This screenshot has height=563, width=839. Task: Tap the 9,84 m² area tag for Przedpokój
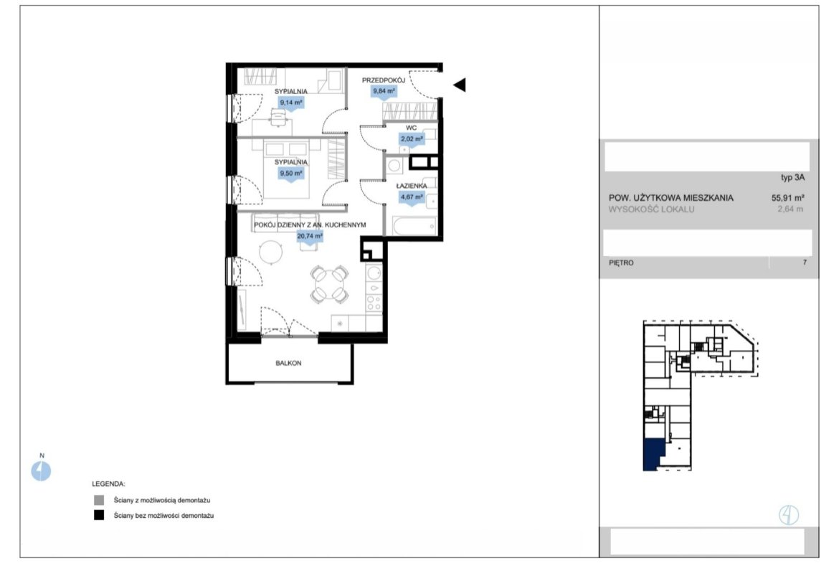coord(384,92)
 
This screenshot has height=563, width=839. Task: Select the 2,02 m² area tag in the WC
coord(412,139)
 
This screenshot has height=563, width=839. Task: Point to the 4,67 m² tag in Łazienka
coord(412,197)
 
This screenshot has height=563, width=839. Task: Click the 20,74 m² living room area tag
coord(310,236)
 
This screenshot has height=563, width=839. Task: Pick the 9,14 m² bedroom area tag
coord(291,103)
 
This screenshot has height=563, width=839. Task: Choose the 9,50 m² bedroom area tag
coord(291,174)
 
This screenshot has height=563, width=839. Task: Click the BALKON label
coord(288,363)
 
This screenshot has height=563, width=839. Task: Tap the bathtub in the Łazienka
coord(414,226)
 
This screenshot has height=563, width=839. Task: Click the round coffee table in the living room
coord(271,252)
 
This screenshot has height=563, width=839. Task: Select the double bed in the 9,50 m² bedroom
coord(286,168)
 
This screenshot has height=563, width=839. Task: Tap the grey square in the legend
coord(99,501)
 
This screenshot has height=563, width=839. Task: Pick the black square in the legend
coord(99,516)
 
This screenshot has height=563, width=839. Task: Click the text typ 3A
coord(792,178)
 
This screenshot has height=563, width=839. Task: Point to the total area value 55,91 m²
coord(787,197)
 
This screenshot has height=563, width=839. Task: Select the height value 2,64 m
coord(790,209)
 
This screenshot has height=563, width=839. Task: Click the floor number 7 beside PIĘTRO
coord(805,262)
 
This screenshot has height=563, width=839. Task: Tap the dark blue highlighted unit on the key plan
coord(653,455)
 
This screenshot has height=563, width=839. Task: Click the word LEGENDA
coord(108,484)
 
